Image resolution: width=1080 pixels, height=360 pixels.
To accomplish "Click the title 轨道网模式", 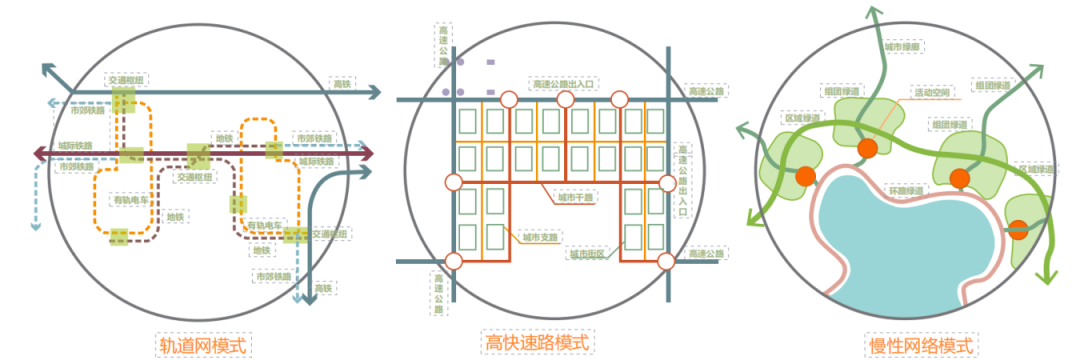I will coord(203,344).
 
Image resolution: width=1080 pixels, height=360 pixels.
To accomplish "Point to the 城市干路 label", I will coord(576,197).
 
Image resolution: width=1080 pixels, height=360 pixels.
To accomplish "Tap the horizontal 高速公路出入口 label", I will coord(565,84).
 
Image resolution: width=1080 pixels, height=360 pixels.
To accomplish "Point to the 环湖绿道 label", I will coord(905,189).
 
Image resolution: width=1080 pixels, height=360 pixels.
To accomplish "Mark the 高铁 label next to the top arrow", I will coord(343,84).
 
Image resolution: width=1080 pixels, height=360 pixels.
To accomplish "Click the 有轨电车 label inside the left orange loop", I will coord(127,198).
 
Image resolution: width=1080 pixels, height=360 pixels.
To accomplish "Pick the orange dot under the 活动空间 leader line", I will coord(867,149).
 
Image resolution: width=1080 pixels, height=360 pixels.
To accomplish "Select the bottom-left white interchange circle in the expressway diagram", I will coord(453,262).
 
